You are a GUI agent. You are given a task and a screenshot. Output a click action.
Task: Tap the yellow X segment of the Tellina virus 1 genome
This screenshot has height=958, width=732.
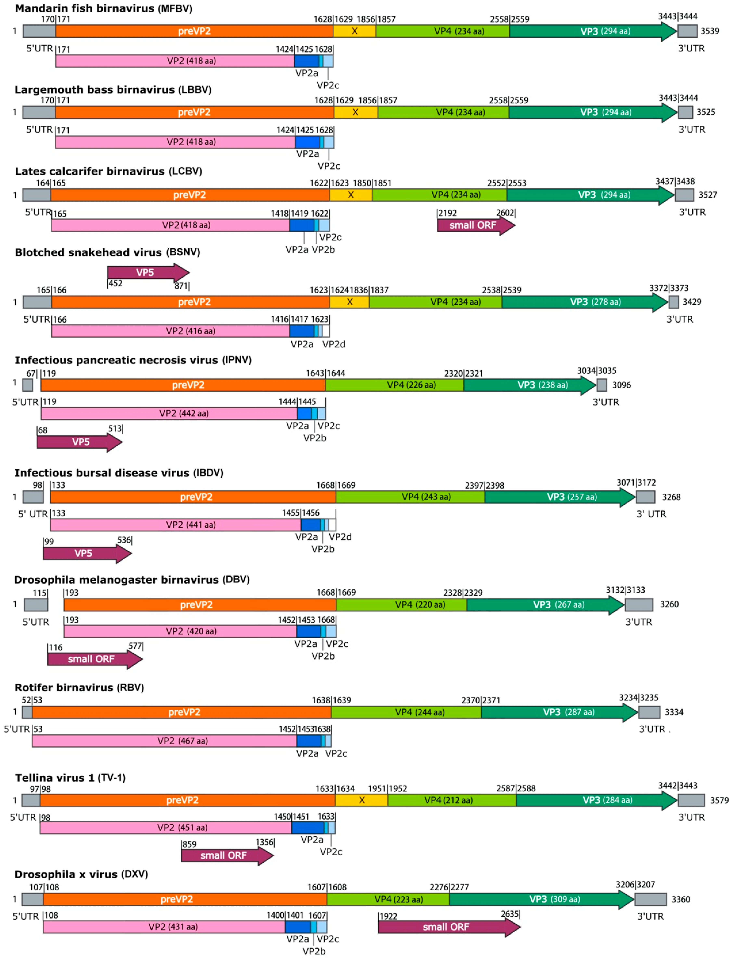[x=361, y=800]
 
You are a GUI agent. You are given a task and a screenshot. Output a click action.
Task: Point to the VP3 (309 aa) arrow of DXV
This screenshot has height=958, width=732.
[x=540, y=899]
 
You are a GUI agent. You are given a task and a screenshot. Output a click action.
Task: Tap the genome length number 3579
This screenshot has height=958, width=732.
[x=719, y=800]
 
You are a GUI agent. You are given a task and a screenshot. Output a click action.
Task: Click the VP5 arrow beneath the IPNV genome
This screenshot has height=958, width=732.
[x=78, y=442]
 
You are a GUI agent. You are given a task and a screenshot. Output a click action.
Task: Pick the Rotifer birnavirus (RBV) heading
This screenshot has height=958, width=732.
[x=79, y=687]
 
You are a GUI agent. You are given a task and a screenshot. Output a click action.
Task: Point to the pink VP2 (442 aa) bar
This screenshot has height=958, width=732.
[x=169, y=413]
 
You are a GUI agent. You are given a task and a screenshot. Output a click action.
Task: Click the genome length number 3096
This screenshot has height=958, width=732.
[x=621, y=385]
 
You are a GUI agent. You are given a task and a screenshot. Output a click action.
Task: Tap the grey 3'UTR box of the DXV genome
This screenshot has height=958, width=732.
[x=650, y=899]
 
